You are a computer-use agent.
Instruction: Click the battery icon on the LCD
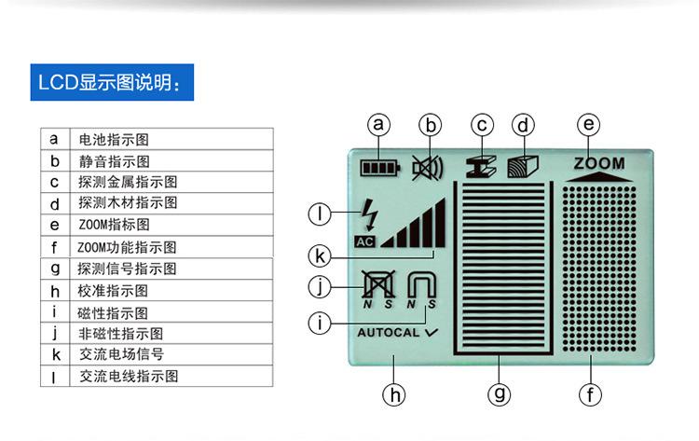click(x=380, y=168)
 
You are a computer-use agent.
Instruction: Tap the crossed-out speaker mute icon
click(x=427, y=168)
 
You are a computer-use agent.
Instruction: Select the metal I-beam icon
click(x=481, y=167)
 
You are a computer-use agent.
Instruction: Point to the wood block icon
click(x=523, y=167)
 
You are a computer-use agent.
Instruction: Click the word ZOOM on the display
click(x=599, y=163)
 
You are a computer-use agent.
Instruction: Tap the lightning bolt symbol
click(x=370, y=215)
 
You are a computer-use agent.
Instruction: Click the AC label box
click(x=365, y=241)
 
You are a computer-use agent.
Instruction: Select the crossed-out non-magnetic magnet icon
click(x=378, y=284)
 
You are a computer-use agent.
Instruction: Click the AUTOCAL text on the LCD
click(x=389, y=332)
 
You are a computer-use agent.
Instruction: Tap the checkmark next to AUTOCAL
click(x=432, y=332)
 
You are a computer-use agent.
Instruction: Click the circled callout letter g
click(x=500, y=394)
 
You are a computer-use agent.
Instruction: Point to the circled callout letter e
click(x=588, y=124)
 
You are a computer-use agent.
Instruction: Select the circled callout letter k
click(x=320, y=256)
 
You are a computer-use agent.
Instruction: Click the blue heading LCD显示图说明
click(x=112, y=82)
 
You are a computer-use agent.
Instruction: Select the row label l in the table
click(x=54, y=378)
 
